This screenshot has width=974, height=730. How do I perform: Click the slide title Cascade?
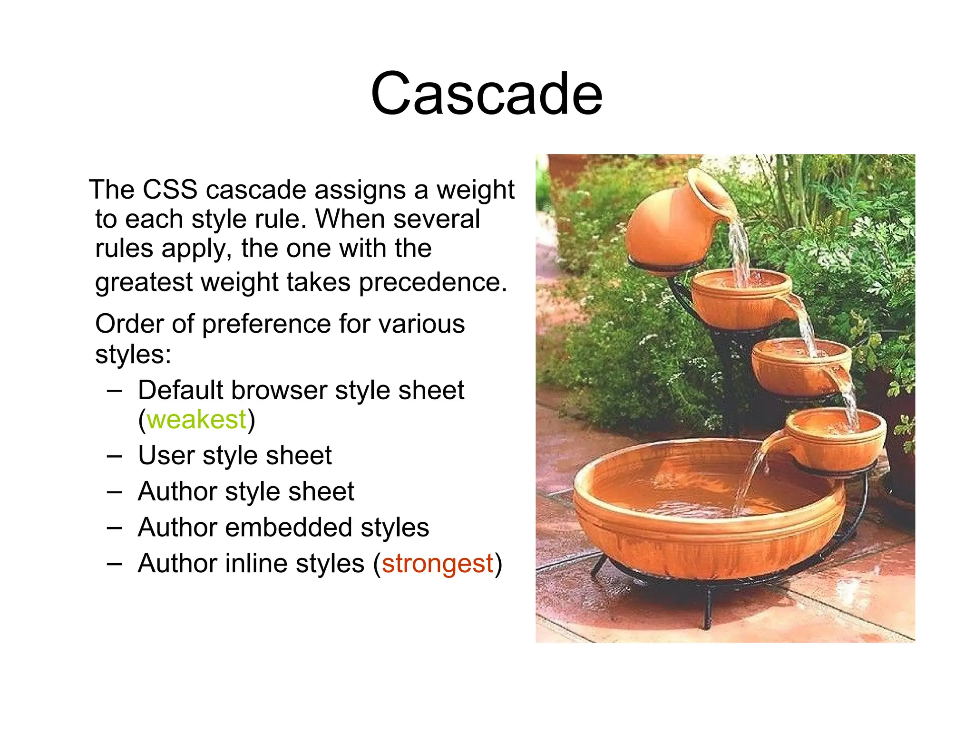tap(487, 94)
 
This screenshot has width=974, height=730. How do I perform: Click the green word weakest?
tap(196, 420)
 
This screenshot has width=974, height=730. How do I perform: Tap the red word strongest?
tap(437, 564)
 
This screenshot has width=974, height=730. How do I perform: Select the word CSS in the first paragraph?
tap(170, 190)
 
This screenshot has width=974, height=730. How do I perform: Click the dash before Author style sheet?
tap(115, 492)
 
